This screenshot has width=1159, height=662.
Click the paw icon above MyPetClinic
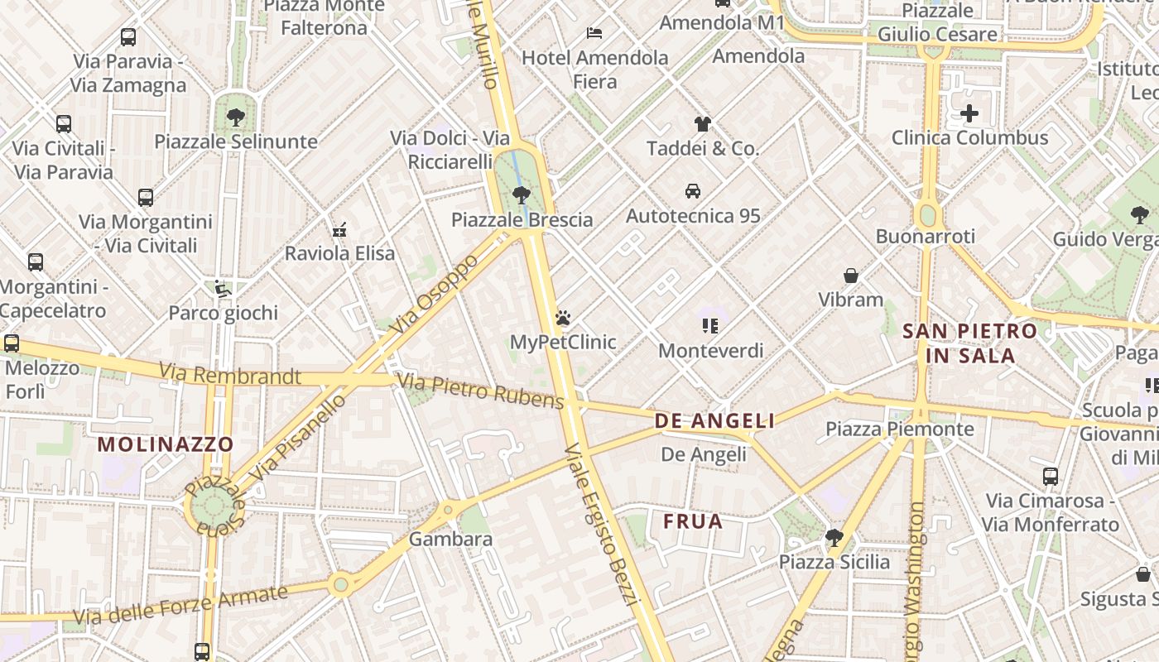click(563, 318)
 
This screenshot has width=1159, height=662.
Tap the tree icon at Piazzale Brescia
click(521, 195)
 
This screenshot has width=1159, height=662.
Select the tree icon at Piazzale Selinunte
click(236, 117)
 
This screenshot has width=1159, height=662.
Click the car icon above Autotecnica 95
click(693, 191)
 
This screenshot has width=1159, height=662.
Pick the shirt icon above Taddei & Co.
click(702, 124)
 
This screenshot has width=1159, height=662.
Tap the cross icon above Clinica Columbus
click(969, 113)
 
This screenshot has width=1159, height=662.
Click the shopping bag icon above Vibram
click(850, 275)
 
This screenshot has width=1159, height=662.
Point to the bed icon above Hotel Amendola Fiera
click(594, 33)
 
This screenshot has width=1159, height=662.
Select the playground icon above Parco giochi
click(223, 289)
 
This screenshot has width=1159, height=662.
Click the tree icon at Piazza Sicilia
click(834, 538)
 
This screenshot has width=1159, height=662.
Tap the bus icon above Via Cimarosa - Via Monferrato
click(1051, 477)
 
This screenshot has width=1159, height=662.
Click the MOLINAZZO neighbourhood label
click(166, 444)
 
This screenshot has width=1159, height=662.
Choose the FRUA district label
click(693, 521)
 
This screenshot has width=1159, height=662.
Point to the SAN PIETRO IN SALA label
click(969, 343)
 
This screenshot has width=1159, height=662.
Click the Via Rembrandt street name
click(230, 376)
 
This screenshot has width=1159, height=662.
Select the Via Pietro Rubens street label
click(480, 391)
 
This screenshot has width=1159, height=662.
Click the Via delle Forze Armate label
click(180, 606)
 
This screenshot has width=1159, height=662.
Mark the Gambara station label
click(451, 540)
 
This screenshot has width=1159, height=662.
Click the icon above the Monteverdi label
click(710, 326)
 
